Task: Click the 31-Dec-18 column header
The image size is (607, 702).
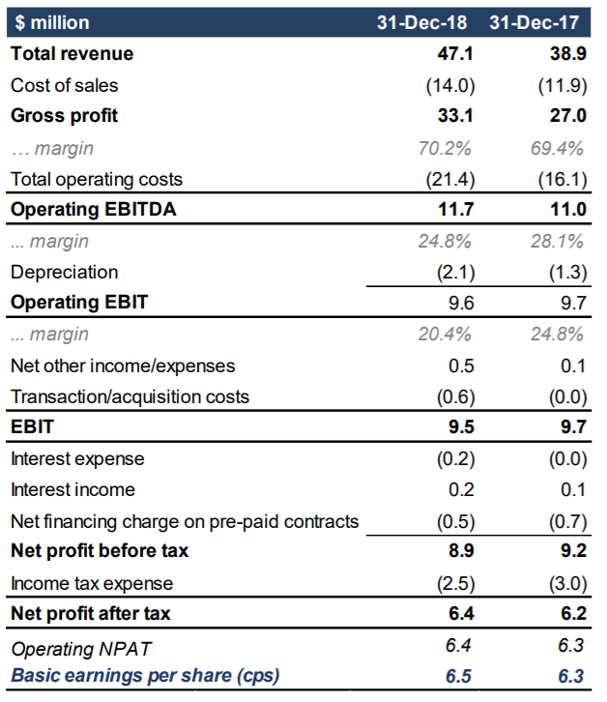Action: coord(421,22)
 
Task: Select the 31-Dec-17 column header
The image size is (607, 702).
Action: coord(535,22)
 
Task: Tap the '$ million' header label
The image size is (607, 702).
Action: coord(52,22)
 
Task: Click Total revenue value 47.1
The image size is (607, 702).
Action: coord(455,53)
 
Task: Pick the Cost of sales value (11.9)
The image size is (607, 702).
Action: coord(563,85)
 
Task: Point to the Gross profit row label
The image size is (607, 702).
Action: coord(64,115)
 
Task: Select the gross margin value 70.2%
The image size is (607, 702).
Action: coord(445,148)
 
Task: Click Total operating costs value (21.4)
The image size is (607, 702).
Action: coord(450,179)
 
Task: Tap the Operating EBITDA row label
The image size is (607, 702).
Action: coord(93,209)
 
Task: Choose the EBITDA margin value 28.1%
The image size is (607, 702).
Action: coord(558,241)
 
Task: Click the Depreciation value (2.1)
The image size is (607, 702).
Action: coord(455,273)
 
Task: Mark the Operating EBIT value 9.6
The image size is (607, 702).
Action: coord(461,303)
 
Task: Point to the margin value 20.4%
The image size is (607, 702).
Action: coord(445,334)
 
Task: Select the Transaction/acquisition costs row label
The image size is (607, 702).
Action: coord(130,396)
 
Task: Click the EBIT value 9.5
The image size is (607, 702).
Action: coord(461,426)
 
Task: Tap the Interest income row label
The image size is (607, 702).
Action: coord(72,489)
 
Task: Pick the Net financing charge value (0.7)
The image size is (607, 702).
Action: coord(568,521)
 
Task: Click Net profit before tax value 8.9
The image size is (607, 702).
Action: coord(461,550)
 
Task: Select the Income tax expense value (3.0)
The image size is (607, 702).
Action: coord(568,583)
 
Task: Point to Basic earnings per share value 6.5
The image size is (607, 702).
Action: coord(458,676)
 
